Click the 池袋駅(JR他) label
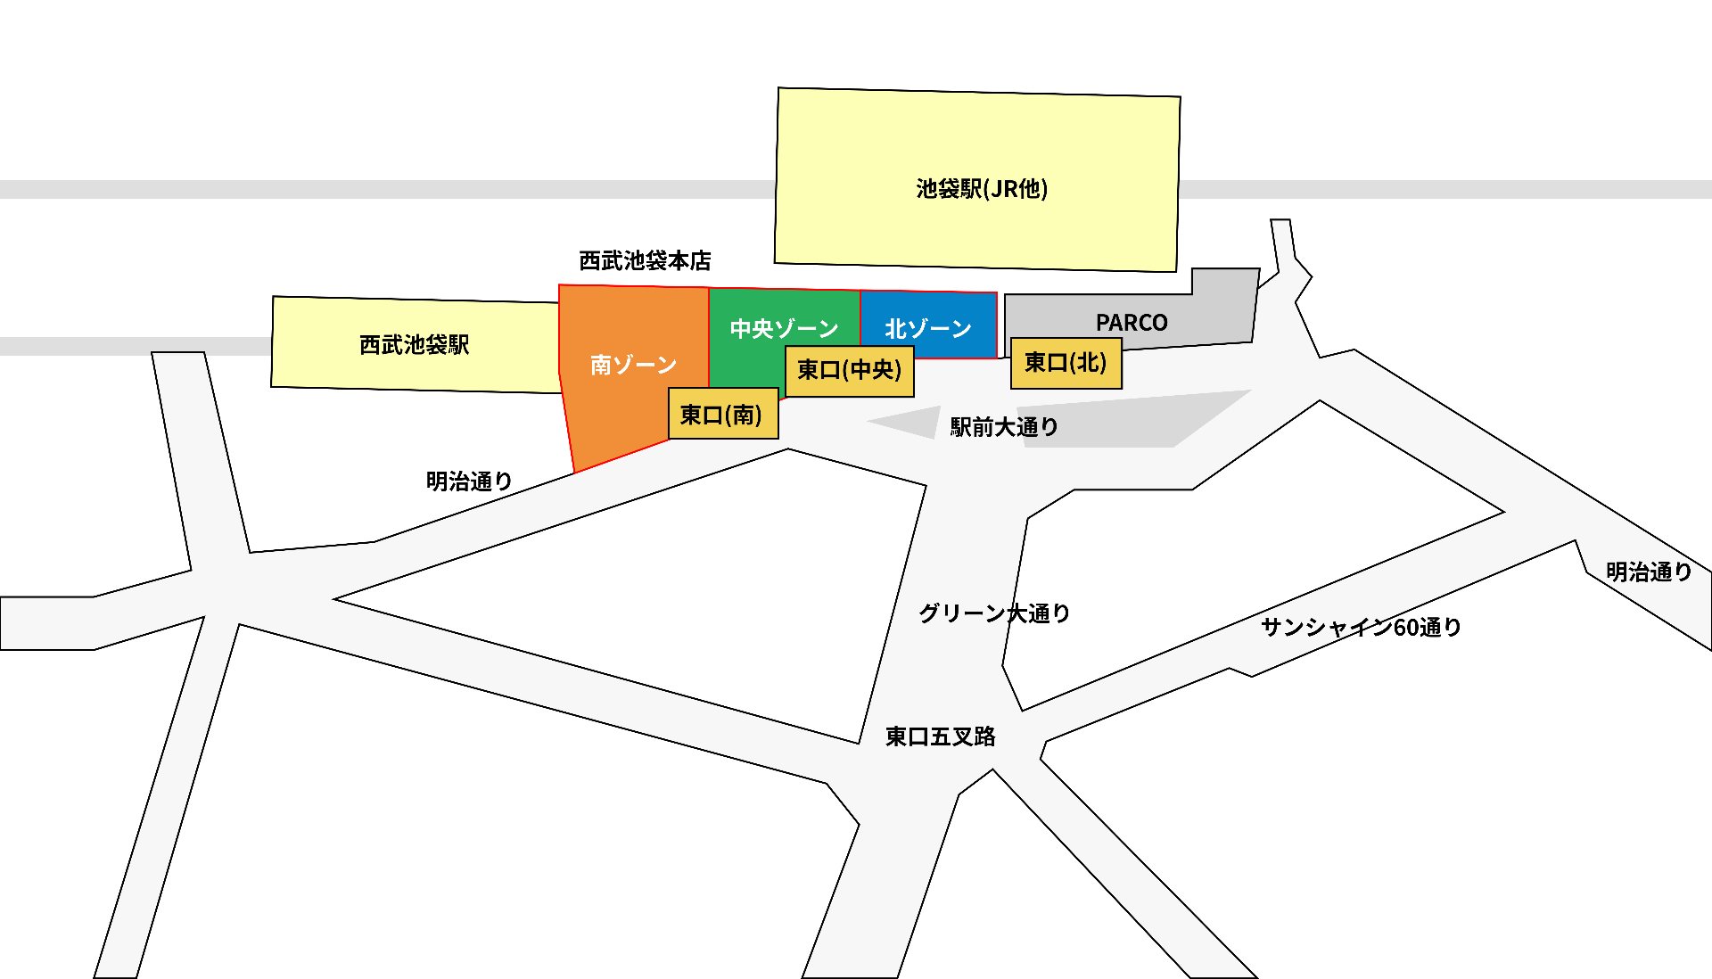click(x=982, y=189)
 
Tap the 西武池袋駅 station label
click(x=414, y=345)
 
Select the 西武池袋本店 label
click(x=645, y=261)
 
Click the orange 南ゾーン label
click(x=633, y=365)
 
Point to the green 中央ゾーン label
click(x=784, y=329)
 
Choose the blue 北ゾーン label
click(x=927, y=329)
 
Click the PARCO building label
click(x=1132, y=323)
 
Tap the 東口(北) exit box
click(x=1066, y=363)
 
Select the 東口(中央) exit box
click(x=849, y=370)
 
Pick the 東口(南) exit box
click(x=722, y=415)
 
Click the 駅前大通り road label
click(x=1004, y=427)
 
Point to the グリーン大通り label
click(x=994, y=613)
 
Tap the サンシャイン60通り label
click(x=1361, y=628)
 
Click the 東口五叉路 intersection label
click(x=940, y=736)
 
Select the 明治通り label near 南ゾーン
click(x=469, y=481)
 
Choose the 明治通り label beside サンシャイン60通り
click(x=1649, y=572)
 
